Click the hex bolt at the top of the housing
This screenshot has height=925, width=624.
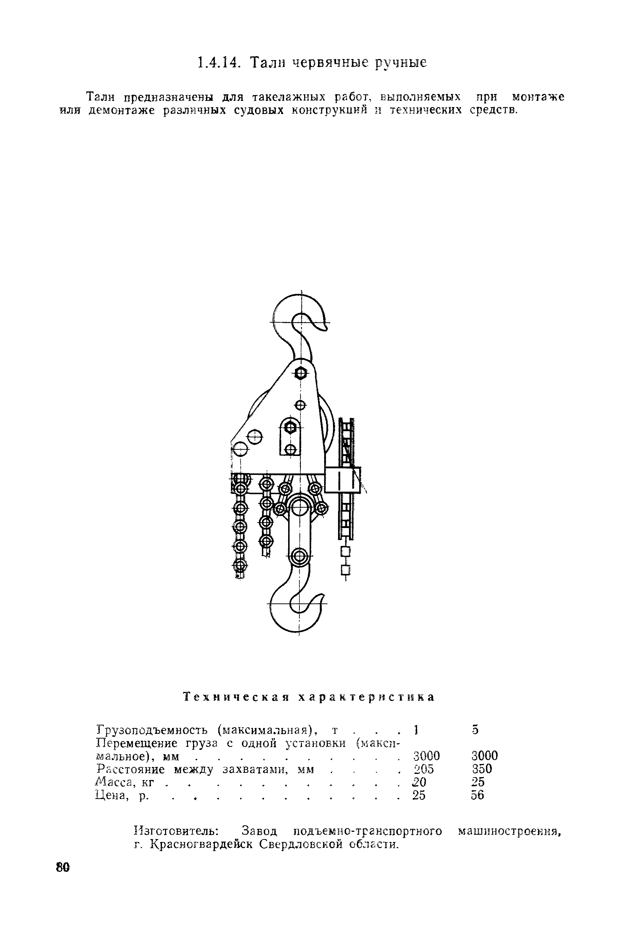[x=301, y=374]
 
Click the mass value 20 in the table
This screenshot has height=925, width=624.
[x=419, y=782]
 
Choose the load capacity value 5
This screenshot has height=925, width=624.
[x=475, y=729]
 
